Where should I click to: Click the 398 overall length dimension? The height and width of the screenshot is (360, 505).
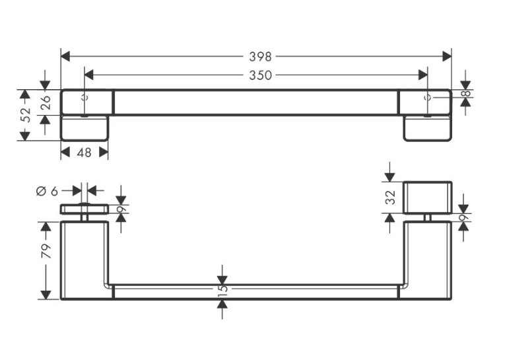260,57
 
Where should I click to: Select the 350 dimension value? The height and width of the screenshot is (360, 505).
260,75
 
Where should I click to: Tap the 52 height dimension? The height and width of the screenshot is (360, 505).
26,115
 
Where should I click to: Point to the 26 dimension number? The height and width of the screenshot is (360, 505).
46,102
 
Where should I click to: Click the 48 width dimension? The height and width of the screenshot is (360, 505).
84,153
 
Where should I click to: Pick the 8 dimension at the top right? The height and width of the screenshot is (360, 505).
466,94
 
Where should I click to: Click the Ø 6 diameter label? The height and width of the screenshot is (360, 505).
47,191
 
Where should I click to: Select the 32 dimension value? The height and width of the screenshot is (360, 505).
390,198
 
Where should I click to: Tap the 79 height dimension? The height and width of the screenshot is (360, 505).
46,251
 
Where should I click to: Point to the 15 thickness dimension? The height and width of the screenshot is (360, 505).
222,289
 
